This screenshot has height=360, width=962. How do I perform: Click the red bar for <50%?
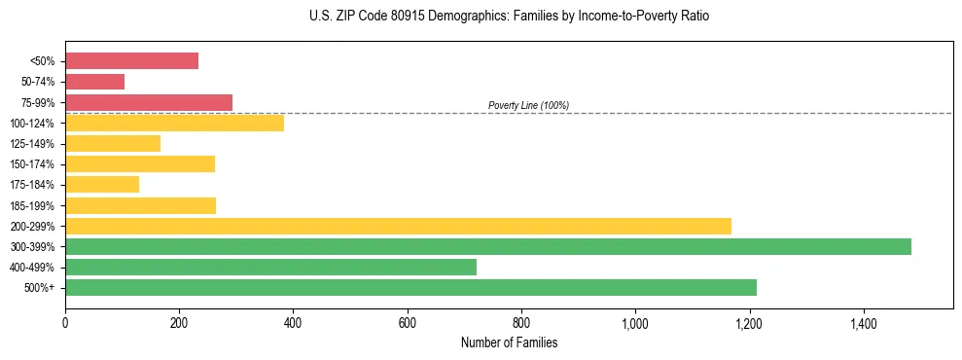coord(131,60)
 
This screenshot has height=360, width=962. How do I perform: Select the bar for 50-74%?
coord(94,82)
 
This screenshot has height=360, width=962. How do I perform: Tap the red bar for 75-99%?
coord(148,102)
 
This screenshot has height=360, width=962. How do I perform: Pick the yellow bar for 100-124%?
coord(174,123)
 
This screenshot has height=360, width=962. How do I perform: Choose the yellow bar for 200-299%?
coord(398,226)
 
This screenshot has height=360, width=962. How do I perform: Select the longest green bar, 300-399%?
coord(487,246)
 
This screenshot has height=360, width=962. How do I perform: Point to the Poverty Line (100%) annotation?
coord(528,105)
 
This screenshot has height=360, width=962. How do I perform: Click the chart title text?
coord(511,17)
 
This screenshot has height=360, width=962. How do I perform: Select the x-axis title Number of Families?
coord(509,342)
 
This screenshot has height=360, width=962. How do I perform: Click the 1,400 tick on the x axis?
coord(863,322)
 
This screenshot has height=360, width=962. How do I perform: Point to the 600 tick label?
coord(407,322)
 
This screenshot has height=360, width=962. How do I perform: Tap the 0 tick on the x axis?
coord(65,322)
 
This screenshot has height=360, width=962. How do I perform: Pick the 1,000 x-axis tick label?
coord(635,322)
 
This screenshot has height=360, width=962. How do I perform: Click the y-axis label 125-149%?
coord(32,144)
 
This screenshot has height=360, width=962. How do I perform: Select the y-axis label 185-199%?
coord(32,205)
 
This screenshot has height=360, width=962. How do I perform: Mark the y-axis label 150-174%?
coord(32,164)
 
